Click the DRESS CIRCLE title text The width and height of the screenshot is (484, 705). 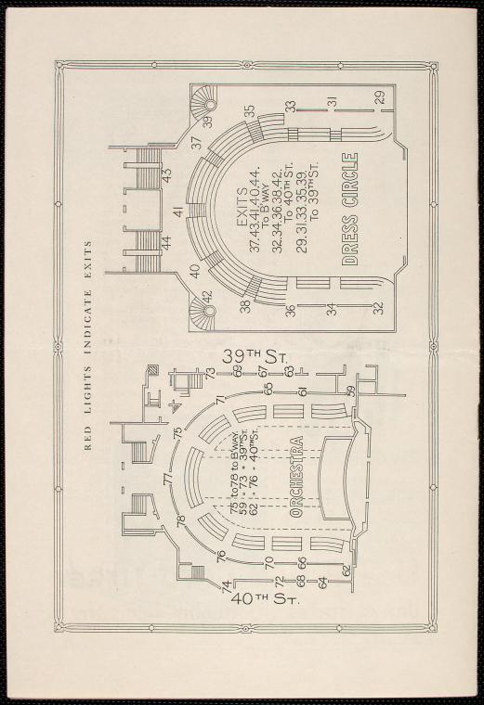(x=350, y=209)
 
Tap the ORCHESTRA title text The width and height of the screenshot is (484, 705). (x=296, y=477)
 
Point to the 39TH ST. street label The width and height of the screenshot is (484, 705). (x=255, y=358)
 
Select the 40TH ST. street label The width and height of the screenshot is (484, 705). (x=264, y=599)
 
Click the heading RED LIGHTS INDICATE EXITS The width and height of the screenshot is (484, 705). (x=88, y=345)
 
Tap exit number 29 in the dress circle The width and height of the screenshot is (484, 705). (x=381, y=97)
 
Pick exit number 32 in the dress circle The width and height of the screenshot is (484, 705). (x=379, y=308)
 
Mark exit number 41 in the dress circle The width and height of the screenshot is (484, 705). (x=178, y=211)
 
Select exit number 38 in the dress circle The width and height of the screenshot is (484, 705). (x=245, y=307)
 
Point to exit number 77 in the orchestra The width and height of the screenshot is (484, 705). (x=168, y=479)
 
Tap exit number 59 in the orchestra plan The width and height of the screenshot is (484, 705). (x=350, y=391)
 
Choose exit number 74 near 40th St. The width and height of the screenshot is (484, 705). (x=227, y=585)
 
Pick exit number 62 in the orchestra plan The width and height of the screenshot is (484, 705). (x=347, y=570)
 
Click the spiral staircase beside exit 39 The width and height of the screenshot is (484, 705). (x=203, y=102)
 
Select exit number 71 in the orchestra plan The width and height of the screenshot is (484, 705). (x=220, y=400)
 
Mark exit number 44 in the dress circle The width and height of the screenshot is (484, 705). (x=166, y=244)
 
